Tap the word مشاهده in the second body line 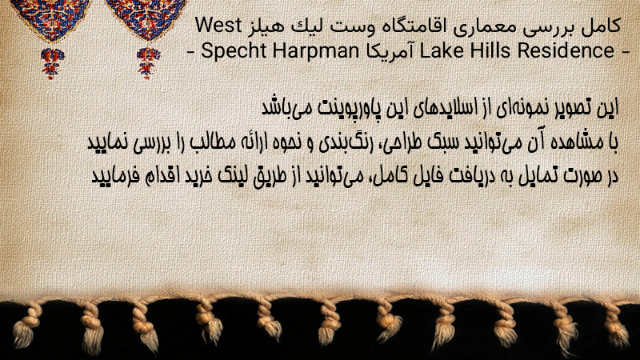577,142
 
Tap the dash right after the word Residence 625,52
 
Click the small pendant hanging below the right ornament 148,62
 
